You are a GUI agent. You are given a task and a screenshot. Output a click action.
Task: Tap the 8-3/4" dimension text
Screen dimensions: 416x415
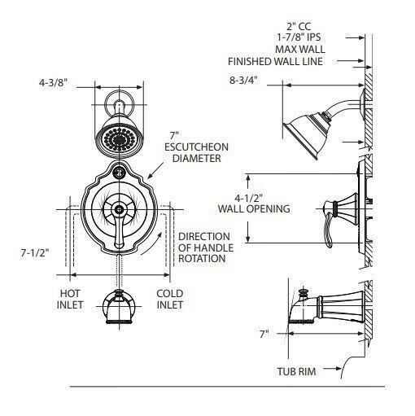coord(244,81)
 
